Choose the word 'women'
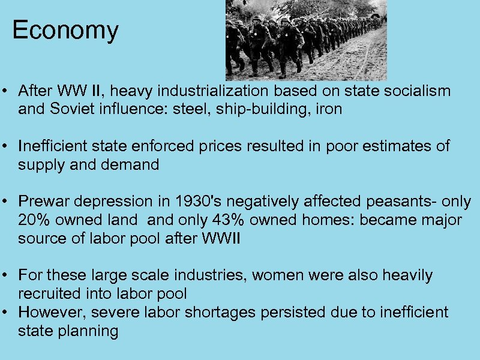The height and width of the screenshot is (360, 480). [280, 275]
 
